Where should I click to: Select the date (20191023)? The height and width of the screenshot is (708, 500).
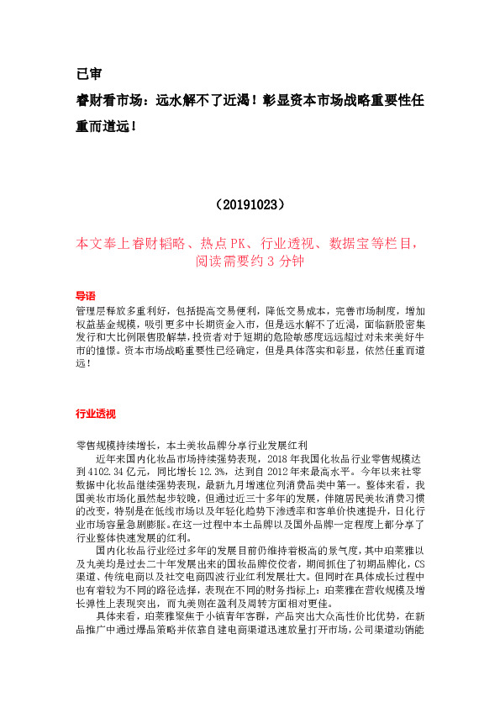point(250,204)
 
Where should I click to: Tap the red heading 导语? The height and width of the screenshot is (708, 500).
point(85,296)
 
